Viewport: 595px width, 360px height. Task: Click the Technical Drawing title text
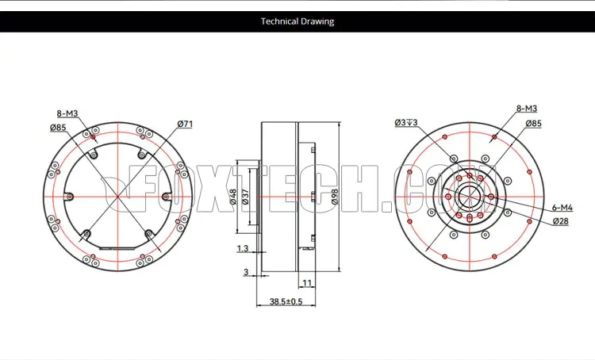297,21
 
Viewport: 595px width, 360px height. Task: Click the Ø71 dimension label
185,124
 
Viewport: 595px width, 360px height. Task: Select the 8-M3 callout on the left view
67,113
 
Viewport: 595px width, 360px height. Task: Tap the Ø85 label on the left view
58,128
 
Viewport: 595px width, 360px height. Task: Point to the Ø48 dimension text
233,197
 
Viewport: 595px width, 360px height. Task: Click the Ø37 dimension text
245,197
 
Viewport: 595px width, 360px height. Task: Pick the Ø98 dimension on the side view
334,197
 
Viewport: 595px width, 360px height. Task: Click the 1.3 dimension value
243,248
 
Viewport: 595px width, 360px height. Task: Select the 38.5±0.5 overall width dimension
286,301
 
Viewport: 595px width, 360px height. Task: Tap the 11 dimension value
307,282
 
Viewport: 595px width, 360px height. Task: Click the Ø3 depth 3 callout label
406,122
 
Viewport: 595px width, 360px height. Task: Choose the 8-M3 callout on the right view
527,109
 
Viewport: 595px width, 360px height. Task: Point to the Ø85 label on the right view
534,123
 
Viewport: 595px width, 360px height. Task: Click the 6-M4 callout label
562,208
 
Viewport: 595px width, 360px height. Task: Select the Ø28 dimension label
560,220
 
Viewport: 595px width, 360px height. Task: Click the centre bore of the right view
470,197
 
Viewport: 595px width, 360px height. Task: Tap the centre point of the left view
118,197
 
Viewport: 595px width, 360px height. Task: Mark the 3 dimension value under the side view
246,272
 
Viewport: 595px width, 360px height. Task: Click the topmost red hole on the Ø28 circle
470,175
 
